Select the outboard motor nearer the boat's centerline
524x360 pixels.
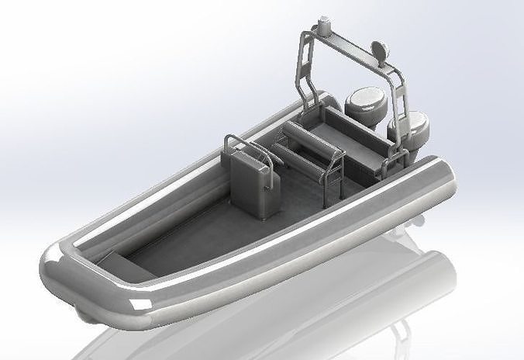tap(363, 104)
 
